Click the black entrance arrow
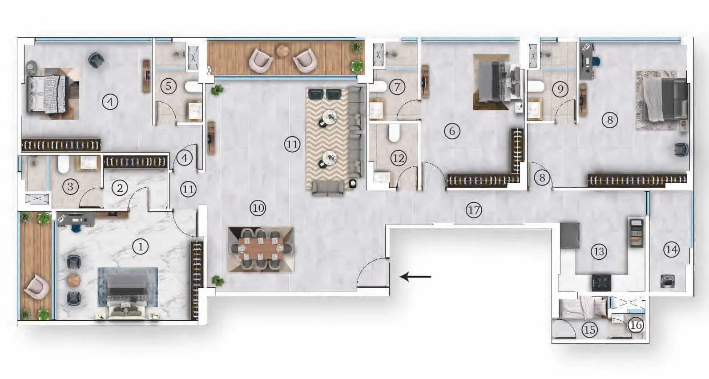415,276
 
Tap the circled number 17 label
474,210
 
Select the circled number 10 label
258,208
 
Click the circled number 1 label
141,246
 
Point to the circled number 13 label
599,252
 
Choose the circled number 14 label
672,250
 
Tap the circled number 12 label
398,158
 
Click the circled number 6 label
452,131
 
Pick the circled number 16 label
636,325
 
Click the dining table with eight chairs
261,250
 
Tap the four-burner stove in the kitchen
601,283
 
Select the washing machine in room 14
668,281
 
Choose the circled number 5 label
169,86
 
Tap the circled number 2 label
120,188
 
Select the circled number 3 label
70,186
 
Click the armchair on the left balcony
36,287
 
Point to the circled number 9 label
560,89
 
